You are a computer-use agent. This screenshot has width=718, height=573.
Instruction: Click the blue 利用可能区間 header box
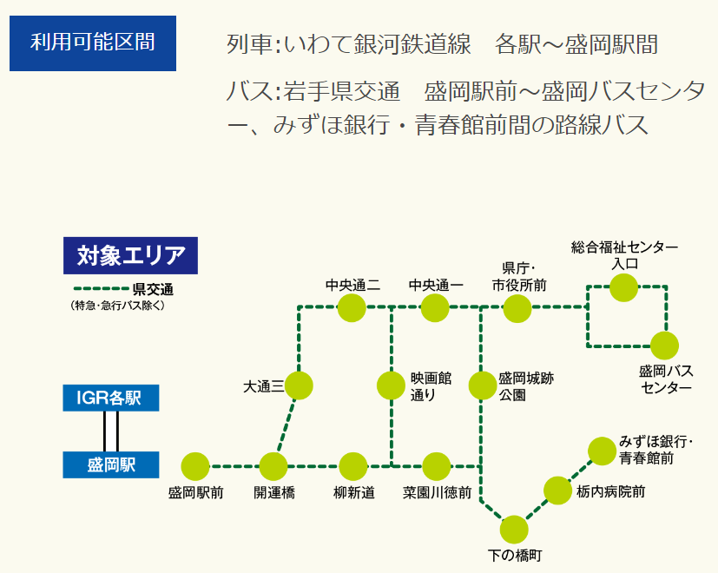(93, 43)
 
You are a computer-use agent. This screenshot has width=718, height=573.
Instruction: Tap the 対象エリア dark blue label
(130, 255)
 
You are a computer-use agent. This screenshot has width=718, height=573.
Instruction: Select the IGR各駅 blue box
(111, 398)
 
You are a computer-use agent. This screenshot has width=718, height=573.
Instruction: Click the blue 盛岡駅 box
(111, 464)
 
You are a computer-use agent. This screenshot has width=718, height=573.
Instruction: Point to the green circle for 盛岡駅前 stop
(195, 467)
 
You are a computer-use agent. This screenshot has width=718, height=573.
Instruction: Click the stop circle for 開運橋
(273, 467)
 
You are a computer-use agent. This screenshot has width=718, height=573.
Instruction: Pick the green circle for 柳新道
(353, 467)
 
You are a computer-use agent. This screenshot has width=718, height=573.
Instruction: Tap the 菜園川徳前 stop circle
(437, 467)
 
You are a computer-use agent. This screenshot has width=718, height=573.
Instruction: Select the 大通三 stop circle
(299, 385)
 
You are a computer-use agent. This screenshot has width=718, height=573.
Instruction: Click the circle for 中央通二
(352, 308)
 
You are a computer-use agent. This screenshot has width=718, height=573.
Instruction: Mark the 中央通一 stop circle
(435, 308)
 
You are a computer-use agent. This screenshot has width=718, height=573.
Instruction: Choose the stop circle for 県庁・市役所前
(517, 308)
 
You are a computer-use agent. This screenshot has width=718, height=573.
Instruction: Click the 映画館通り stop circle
(391, 385)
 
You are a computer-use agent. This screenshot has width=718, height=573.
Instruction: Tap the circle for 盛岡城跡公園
(483, 385)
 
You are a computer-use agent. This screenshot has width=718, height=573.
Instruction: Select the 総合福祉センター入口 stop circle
(623, 287)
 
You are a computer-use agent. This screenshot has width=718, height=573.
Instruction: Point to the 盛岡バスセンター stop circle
(664, 346)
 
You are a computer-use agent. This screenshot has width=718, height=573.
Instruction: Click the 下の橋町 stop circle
(514, 530)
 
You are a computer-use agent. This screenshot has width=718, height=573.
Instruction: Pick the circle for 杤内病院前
(557, 491)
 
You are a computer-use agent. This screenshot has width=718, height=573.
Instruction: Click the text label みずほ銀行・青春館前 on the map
(655, 450)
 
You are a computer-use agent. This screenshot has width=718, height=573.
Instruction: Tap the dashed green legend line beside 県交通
(102, 289)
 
